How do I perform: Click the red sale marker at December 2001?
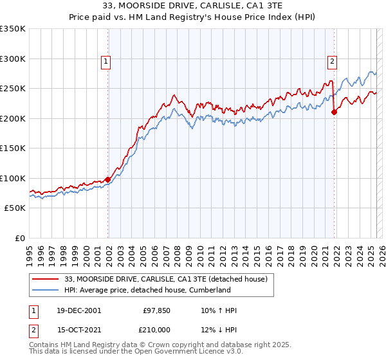[x=107, y=179]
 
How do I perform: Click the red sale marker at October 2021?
[x=334, y=112]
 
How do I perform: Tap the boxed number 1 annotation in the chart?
[x=105, y=62]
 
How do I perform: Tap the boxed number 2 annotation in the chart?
[x=332, y=62]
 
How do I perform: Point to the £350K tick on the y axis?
[x=13, y=29]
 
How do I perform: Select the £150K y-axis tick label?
[x=13, y=148]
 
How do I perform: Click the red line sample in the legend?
[x=44, y=278]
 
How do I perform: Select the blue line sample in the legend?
[x=44, y=290]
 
